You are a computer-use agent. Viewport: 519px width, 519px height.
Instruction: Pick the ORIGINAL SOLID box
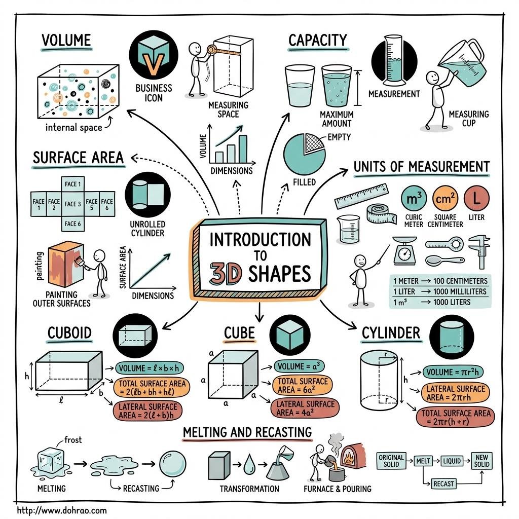tap(391, 461)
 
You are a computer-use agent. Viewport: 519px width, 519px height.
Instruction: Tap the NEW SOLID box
tap(481, 461)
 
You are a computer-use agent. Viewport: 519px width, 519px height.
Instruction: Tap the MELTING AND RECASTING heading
tap(247, 432)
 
